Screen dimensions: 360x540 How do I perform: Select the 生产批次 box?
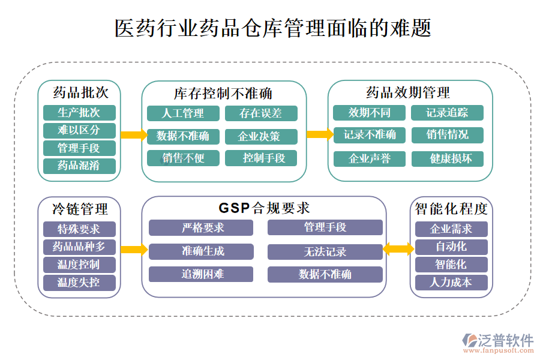(79, 113)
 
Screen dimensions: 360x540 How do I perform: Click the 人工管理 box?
(183, 113)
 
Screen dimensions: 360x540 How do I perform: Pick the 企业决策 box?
(261, 136)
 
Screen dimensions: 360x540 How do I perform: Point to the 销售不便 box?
(183, 158)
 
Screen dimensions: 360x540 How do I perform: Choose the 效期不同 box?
(370, 113)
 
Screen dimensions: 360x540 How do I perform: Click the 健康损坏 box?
(447, 159)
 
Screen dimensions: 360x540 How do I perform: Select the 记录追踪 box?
(447, 113)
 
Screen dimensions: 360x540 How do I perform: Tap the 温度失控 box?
(79, 283)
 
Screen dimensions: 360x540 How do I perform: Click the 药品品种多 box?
(79, 247)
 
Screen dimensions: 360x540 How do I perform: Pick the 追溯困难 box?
(201, 274)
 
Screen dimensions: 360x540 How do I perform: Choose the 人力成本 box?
(451, 283)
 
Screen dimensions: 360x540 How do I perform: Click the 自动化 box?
(451, 247)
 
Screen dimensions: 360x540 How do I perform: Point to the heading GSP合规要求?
(264, 208)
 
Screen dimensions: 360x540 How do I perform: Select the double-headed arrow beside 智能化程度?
(398, 247)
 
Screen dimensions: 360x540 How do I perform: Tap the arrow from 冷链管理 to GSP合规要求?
(134, 249)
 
